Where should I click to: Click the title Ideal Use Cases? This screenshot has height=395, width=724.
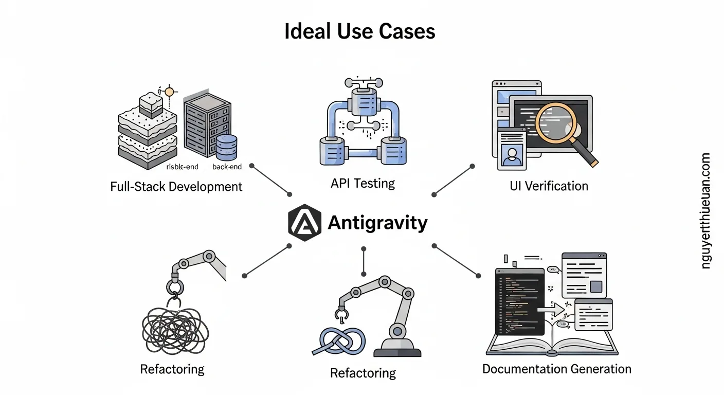(x=360, y=31)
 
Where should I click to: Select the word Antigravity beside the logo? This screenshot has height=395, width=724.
(x=377, y=223)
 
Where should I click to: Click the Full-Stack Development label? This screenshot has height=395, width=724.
(x=176, y=186)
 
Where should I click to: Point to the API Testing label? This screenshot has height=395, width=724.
(x=363, y=183)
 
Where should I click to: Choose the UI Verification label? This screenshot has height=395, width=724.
(x=549, y=186)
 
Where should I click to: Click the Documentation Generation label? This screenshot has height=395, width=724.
(x=556, y=369)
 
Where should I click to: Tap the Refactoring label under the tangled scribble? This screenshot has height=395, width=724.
(x=172, y=369)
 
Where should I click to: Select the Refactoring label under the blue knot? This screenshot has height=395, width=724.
(x=363, y=372)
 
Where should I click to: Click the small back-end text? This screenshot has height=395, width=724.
(x=227, y=167)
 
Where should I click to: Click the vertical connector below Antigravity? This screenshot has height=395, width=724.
(x=364, y=261)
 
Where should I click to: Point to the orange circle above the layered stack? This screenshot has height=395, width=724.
(x=169, y=92)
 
